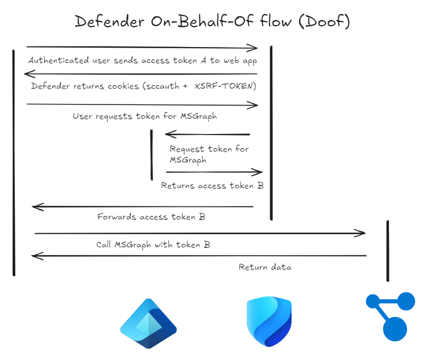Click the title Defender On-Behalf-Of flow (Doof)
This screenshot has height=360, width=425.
tap(212, 21)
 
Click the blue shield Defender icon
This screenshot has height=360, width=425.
tap(269, 322)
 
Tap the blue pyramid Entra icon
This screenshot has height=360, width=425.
tap(148, 323)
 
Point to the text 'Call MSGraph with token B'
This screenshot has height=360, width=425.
tap(153, 245)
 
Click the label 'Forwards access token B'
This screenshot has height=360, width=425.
tap(151, 217)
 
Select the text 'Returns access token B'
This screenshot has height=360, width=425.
tap(212, 185)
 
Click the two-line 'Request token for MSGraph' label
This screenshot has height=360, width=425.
tap(208, 154)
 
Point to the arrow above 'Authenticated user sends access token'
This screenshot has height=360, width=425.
tap(142, 48)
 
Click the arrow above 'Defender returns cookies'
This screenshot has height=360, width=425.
tap(142, 74)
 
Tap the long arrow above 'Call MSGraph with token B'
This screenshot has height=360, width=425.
tap(200, 234)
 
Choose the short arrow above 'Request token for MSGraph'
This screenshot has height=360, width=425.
tap(207, 134)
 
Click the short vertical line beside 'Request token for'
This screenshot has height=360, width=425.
tap(152, 155)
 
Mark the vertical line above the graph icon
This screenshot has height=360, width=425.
tap(388, 251)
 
